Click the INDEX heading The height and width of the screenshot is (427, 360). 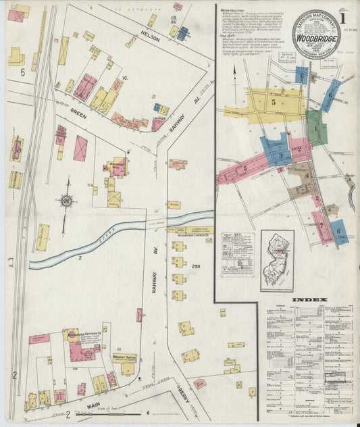(x=310, y=300)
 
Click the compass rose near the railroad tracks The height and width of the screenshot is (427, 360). (x=66, y=201)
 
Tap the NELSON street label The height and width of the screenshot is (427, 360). (x=151, y=39)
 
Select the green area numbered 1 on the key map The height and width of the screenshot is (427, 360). (x=315, y=128)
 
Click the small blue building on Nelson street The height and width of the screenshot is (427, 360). (x=182, y=32)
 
